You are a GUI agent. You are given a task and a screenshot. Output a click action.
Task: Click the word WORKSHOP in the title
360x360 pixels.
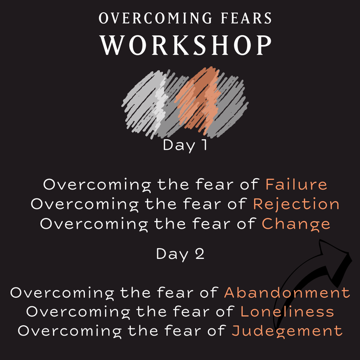186,45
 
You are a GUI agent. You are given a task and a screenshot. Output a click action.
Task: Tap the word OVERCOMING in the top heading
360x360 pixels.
155,18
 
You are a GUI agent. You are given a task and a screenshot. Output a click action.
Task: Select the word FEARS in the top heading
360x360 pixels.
246,18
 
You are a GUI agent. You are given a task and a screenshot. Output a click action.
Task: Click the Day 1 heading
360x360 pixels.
185,146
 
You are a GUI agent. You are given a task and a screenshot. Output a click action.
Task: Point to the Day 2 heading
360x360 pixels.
180,254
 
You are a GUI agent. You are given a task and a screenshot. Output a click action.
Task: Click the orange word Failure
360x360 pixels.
296,184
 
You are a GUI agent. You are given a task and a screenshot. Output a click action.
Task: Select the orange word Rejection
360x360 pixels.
296,204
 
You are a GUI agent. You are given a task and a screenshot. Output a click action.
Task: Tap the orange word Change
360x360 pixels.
296,224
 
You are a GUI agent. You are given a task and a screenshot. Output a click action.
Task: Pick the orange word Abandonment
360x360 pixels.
287,293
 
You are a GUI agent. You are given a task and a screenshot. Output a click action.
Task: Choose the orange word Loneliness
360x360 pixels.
287,311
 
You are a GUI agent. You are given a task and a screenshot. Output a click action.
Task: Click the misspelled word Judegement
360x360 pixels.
287,331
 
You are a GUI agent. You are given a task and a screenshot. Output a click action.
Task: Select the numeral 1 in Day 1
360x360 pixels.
204,145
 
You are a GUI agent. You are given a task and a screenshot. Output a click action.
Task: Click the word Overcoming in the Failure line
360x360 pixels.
97,185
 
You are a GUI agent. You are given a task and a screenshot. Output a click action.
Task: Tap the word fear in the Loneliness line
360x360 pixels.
192,311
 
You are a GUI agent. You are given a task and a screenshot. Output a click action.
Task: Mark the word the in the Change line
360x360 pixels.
170,223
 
